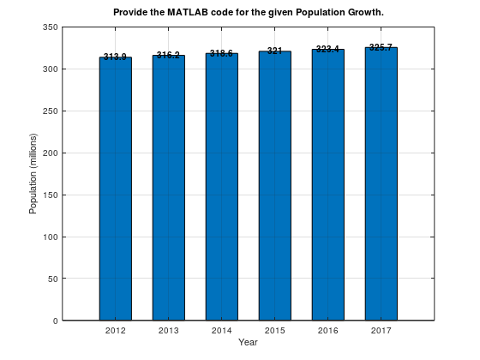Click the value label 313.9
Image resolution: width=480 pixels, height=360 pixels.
tap(115, 57)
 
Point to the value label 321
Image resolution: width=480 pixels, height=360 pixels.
tap(274, 51)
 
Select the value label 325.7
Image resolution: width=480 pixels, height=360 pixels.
tap(381, 47)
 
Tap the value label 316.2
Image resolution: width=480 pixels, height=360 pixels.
tap(168, 55)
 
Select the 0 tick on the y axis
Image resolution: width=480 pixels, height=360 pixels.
tap(55, 321)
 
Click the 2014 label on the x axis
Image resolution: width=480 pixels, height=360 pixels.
tap(221, 330)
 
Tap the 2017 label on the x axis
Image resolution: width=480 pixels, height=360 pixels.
tap(381, 330)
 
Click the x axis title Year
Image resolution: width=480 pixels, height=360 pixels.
tap(248, 342)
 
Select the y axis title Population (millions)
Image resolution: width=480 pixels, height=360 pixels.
tap(33, 174)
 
